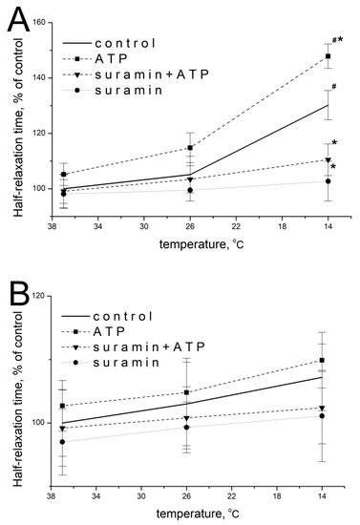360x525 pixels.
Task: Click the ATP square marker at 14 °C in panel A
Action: point(328,56)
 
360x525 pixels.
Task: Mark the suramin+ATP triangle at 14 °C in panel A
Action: point(328,159)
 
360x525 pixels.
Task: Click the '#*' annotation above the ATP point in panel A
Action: point(336,40)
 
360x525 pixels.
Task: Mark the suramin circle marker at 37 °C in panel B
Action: point(63,442)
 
